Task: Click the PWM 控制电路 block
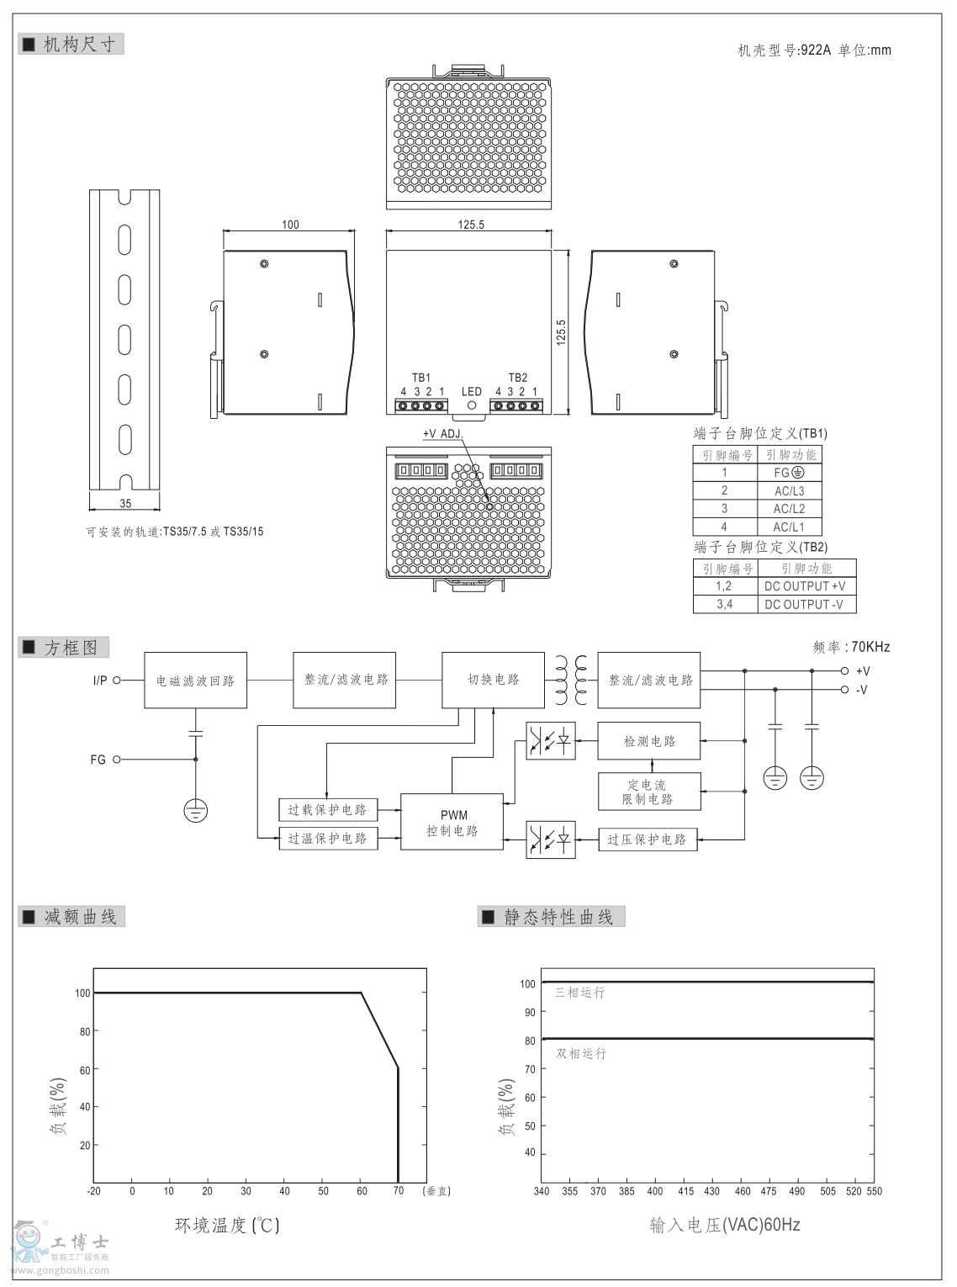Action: click(452, 822)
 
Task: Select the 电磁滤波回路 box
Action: click(195, 680)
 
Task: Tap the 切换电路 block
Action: click(493, 679)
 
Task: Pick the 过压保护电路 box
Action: click(648, 839)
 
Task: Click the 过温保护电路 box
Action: click(327, 838)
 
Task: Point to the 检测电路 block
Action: click(648, 741)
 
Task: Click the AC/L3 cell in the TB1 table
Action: click(789, 490)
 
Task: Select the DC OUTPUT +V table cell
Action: click(805, 586)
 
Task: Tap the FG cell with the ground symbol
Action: click(789, 473)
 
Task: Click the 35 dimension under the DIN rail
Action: click(125, 504)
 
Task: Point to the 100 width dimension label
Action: click(290, 225)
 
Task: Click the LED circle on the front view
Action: click(472, 405)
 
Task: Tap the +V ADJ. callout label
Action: click(442, 433)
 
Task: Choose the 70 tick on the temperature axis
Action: click(399, 1191)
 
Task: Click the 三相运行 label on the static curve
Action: click(579, 993)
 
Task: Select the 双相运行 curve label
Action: click(580, 1053)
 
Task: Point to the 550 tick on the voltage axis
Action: click(875, 1191)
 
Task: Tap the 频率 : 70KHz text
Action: click(851, 647)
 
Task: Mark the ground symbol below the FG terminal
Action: click(195, 810)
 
